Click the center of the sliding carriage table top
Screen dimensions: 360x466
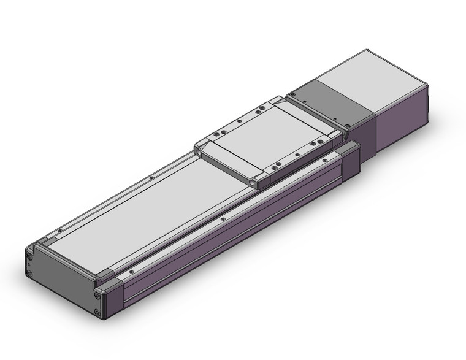pos(269,138)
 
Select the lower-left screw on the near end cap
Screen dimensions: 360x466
pos(29,272)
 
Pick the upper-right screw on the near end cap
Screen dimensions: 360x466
pos(97,295)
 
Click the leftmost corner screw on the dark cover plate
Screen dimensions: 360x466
pos(294,96)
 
